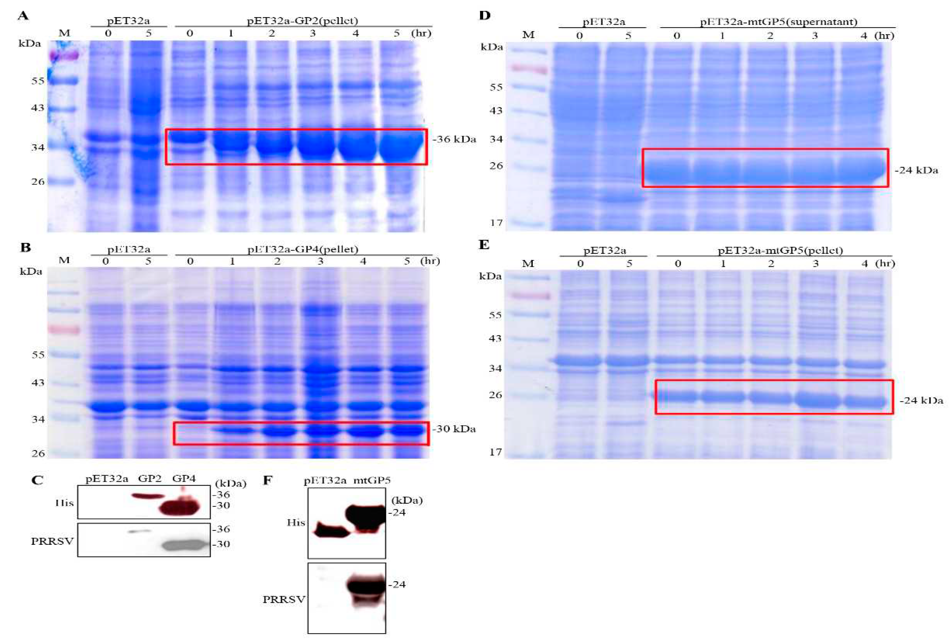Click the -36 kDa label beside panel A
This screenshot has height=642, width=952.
click(454, 139)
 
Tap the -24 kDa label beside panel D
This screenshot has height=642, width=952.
click(916, 170)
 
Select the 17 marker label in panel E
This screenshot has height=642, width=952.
click(496, 452)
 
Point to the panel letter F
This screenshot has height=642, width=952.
click(267, 480)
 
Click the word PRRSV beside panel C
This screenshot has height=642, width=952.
click(52, 541)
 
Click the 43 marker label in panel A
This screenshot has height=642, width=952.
click(38, 108)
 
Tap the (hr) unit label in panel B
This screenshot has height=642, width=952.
click(430, 261)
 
